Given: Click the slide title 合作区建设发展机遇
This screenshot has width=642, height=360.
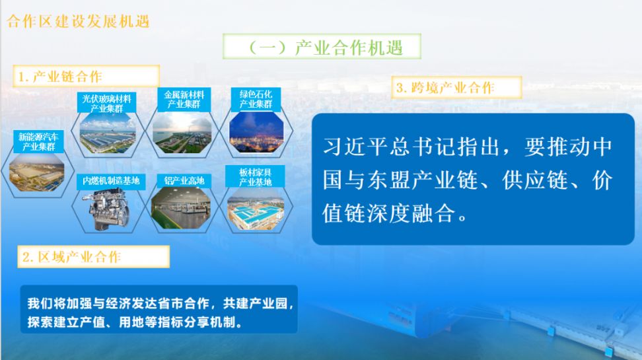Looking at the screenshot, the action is [78, 21].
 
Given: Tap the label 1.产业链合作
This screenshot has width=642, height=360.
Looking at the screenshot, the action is [60, 77].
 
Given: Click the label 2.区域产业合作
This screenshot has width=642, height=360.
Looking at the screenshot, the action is [71, 257].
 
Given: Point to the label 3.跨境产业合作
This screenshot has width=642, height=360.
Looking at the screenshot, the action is [445, 88].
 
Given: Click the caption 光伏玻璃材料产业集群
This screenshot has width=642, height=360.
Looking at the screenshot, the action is [106, 103].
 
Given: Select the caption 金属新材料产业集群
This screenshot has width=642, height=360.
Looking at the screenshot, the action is [184, 100].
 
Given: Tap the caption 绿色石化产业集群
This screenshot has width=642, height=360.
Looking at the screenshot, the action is [256, 99].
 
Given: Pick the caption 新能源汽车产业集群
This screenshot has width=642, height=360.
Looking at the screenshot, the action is [38, 142].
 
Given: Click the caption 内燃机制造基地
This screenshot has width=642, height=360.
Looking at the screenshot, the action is [111, 180].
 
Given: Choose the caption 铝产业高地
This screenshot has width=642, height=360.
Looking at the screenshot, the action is [184, 180].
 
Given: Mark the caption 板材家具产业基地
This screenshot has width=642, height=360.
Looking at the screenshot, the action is [256, 177].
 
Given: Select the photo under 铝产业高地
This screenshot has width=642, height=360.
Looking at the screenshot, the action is [181, 207].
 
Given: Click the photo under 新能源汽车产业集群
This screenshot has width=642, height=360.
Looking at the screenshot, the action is [37, 172].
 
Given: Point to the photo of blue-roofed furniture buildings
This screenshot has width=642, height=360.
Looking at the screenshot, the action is [256, 209].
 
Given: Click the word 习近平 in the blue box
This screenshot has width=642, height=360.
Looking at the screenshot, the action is [355, 146].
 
